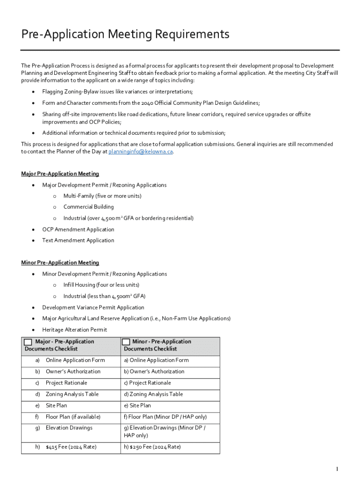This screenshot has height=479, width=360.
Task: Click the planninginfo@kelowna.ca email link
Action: (x=141, y=152)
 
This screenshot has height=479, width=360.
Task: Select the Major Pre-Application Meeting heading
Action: (x=60, y=174)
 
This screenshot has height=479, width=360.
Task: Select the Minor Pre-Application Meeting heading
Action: (x=60, y=263)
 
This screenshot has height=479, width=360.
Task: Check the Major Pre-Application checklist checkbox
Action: (x=28, y=342)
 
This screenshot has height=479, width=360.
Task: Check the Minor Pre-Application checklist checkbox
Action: (x=126, y=342)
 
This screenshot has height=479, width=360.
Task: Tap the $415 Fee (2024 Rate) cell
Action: (x=71, y=447)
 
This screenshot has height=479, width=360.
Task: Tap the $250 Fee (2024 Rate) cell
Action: (x=152, y=447)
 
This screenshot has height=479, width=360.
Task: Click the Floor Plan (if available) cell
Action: (x=73, y=417)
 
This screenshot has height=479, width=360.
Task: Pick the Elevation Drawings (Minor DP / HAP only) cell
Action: (x=165, y=431)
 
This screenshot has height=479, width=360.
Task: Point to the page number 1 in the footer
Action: (x=337, y=469)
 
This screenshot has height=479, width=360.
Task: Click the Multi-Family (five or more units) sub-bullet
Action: (x=102, y=196)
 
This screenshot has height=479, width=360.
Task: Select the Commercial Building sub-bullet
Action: (x=88, y=207)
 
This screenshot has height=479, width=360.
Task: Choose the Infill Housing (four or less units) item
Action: (x=101, y=285)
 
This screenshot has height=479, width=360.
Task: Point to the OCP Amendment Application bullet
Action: (x=78, y=229)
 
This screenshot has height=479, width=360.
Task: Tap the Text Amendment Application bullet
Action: (x=78, y=240)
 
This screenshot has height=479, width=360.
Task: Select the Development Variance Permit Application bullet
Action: (x=93, y=307)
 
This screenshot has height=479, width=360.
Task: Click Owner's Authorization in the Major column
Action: (x=73, y=371)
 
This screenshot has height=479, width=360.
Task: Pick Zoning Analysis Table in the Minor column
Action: (x=153, y=394)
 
